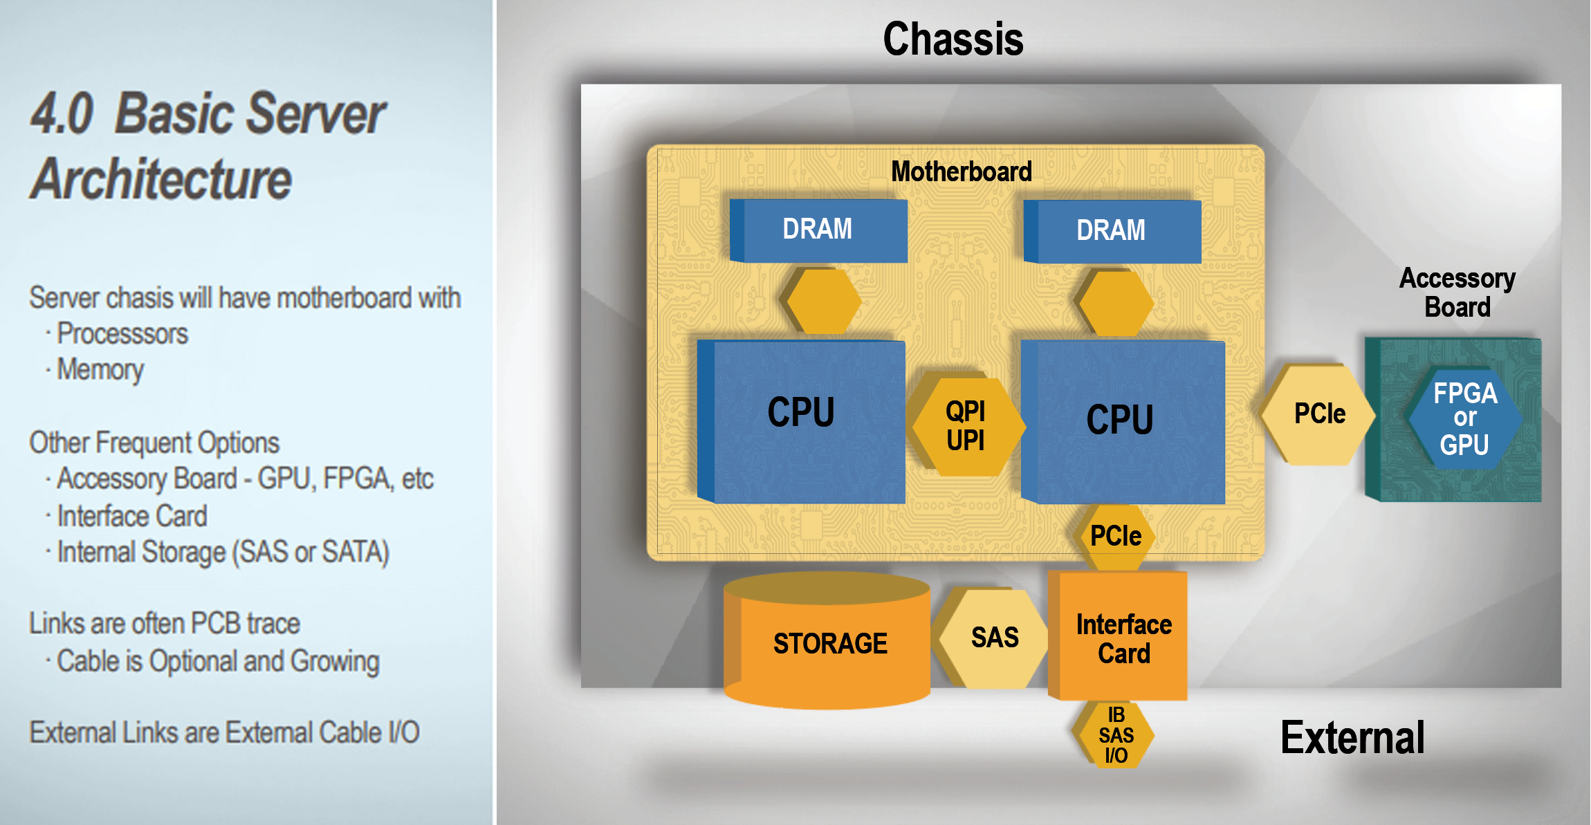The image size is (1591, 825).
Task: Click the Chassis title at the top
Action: [x=953, y=39]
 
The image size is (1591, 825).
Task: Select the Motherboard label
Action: [x=961, y=172]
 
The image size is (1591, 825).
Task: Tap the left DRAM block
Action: [x=818, y=230]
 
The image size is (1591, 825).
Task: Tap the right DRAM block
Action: [x=1112, y=231]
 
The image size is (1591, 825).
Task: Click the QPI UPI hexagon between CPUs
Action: [x=966, y=426]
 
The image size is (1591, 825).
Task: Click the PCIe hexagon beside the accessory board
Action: [x=1319, y=414]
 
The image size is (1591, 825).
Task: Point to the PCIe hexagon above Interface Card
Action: [x=1115, y=537]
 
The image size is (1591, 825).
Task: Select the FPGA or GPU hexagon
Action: [x=1465, y=419]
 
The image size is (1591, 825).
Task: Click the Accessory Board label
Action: [x=1457, y=293]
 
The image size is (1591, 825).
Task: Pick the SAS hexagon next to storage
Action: [x=995, y=638]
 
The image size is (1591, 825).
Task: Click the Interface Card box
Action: [x=1123, y=638]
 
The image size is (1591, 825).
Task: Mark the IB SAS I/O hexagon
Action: [x=1115, y=735]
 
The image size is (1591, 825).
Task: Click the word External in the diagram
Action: [x=1352, y=738]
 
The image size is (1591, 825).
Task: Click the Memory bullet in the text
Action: [x=100, y=370]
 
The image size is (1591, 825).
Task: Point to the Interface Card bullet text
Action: [x=132, y=516]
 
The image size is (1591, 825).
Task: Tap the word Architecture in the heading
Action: [x=162, y=179]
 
